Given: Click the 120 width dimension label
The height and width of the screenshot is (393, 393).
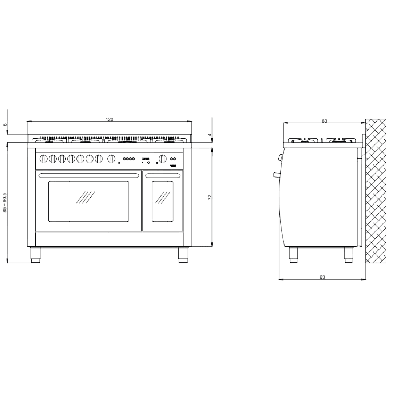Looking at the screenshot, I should click(110, 119).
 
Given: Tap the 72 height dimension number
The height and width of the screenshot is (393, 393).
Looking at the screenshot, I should click(209, 197).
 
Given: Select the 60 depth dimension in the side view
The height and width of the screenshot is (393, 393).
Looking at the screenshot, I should click(324, 121).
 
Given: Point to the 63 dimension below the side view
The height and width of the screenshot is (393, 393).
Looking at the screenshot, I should click(322, 277).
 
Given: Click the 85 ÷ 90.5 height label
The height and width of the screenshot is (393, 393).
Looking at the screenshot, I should click(5, 203).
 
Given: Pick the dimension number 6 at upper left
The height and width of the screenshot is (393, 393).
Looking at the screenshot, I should click(5, 124).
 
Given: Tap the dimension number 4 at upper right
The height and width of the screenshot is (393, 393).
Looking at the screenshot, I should click(209, 135).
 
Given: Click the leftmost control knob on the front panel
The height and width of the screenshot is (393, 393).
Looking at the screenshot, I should click(43, 159).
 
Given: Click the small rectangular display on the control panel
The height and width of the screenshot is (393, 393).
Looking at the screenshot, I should click(146, 159).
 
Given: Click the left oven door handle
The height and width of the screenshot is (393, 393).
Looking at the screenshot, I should click(89, 176).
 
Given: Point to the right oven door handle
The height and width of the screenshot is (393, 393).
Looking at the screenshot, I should click(163, 176).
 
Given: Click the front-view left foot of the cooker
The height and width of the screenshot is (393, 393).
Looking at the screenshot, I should click(35, 255).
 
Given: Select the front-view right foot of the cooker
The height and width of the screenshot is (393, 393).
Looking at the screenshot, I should click(183, 255).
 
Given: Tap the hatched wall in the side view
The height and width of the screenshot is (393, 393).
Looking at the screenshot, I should click(376, 191).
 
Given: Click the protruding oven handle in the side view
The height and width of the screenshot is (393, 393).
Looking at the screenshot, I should click(275, 175).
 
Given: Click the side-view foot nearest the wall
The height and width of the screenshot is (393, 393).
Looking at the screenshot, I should click(349, 255).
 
